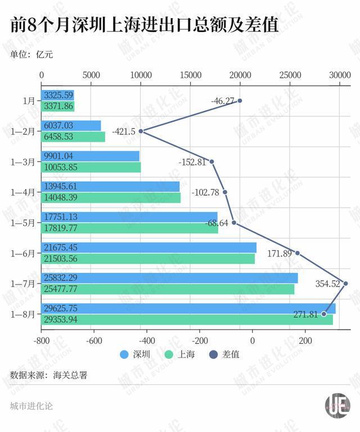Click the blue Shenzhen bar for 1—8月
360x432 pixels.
[188, 309]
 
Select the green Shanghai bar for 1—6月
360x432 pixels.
[147, 259]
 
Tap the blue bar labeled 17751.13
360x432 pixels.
[129, 217]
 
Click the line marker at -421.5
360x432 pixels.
[141, 131]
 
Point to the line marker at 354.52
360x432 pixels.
[345, 283]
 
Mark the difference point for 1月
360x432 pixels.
[240, 101]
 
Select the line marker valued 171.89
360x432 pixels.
[298, 253]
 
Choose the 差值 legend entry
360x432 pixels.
[223, 354]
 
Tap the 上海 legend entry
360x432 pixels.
[179, 354]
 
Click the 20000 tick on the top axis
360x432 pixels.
[240, 74]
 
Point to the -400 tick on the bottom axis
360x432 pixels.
[147, 341]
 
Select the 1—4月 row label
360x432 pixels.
[23, 192]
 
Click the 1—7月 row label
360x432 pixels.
[23, 283]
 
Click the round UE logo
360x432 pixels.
[337, 406]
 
